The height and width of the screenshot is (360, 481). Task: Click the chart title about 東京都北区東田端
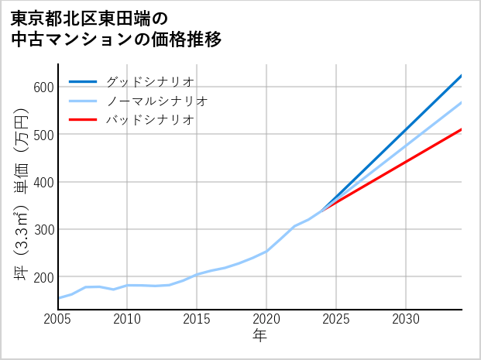coord(116,29)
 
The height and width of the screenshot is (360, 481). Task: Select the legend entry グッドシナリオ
coord(149,81)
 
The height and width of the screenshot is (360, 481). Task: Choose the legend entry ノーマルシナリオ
coord(156,101)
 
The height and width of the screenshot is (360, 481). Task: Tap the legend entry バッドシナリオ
coord(149,120)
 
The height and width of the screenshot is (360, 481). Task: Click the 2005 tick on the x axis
coord(58,319)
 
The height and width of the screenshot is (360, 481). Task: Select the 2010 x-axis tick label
coord(128,319)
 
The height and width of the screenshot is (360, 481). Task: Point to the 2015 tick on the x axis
coord(198,319)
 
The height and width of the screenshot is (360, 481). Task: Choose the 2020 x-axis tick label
coord(266,319)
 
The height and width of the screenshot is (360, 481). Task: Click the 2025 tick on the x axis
coord(336,319)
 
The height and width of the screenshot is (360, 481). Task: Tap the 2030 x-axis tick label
coord(406,319)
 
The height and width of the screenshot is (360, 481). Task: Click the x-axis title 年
coord(260,336)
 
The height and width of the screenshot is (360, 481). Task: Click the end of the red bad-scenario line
coord(461,129)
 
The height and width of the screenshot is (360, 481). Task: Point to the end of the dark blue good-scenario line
coord(461,76)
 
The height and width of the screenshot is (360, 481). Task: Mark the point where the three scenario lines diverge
coord(322,210)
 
